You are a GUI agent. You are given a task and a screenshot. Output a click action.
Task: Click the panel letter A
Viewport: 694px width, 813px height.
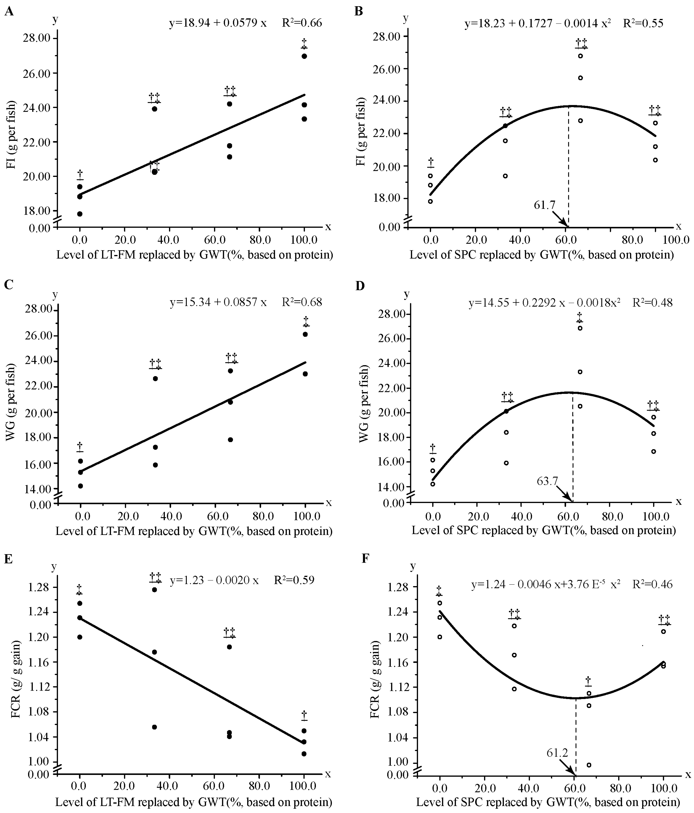[9, 12]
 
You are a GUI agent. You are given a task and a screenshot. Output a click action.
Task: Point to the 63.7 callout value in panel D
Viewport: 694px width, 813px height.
[547, 481]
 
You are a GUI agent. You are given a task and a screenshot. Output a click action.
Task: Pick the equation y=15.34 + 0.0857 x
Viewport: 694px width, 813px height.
[218, 302]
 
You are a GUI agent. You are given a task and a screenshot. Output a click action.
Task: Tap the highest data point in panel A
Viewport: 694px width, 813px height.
[304, 56]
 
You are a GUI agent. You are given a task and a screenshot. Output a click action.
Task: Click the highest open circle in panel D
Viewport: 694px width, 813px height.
[580, 328]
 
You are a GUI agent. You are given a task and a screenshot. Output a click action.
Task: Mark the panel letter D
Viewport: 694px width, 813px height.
[360, 286]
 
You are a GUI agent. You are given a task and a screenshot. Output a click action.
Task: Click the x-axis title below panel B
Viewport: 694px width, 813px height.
[541, 255]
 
